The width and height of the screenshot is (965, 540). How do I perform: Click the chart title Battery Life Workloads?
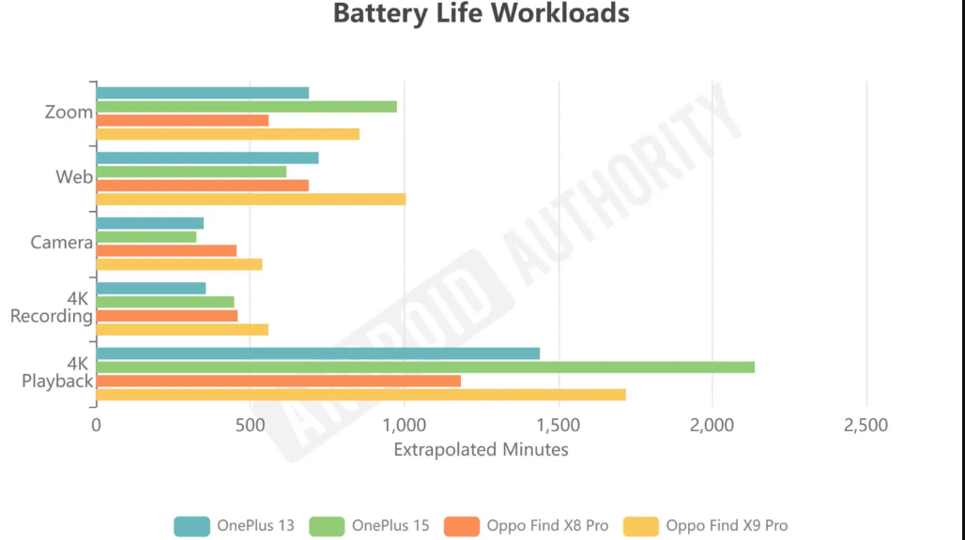(481, 14)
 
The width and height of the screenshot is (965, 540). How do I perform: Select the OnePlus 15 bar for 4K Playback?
(425, 367)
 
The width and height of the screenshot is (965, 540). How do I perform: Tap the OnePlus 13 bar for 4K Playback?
(318, 353)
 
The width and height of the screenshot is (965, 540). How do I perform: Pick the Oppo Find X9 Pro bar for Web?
(251, 199)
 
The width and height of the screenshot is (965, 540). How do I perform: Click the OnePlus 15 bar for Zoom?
(247, 107)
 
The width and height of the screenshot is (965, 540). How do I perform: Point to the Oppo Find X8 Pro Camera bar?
(166, 250)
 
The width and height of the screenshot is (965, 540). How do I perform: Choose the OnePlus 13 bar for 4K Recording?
(151, 288)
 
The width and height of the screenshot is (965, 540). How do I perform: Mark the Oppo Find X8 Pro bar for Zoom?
(182, 120)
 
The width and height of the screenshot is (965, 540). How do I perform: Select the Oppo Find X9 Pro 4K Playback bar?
(361, 395)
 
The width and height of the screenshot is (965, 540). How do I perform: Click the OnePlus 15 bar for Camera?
(146, 237)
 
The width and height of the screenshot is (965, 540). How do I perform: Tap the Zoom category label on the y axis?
(69, 112)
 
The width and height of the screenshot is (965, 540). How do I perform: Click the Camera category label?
(61, 243)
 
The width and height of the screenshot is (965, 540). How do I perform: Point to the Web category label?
(74, 177)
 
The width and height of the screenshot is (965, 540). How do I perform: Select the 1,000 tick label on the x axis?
(404, 426)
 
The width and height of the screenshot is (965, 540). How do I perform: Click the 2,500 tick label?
(865, 426)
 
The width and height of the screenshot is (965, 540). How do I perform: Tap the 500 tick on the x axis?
(250, 426)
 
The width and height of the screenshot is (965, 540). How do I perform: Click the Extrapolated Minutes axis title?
(481, 450)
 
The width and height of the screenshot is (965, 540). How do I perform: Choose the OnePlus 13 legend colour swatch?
(191, 526)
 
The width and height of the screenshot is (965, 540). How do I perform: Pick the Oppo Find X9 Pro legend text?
(727, 526)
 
